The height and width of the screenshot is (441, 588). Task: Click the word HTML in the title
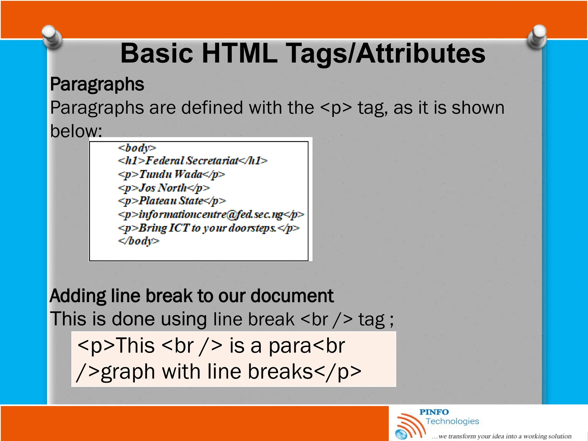[x=240, y=53]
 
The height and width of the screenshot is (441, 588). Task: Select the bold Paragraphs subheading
[x=97, y=84]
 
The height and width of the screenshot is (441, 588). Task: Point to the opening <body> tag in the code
[x=137, y=148]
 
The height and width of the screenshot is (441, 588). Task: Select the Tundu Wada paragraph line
[x=171, y=174]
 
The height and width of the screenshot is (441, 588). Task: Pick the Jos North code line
[x=164, y=188]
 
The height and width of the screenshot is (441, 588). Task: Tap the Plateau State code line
[x=172, y=201]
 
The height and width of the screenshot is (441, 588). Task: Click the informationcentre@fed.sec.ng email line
[x=211, y=214]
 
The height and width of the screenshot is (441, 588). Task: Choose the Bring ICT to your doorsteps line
[x=208, y=228]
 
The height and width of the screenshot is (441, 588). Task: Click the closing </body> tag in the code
[x=138, y=241]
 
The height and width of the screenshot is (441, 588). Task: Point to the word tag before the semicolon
[x=371, y=320]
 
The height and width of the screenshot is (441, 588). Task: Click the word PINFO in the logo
[x=434, y=412]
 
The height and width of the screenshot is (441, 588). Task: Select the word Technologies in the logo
[x=452, y=421]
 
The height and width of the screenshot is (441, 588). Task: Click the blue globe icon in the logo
[x=401, y=434]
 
